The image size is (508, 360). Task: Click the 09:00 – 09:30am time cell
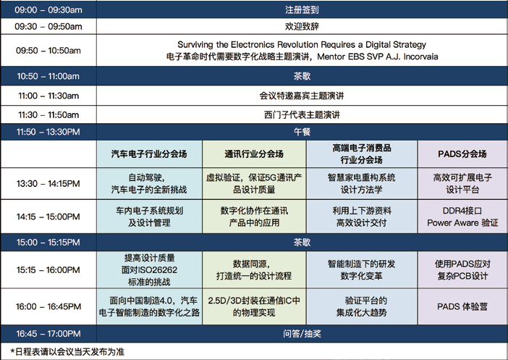(x=48, y=9)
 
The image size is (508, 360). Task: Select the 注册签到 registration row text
(x=302, y=9)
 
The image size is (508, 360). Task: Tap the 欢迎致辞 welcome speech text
(x=302, y=26)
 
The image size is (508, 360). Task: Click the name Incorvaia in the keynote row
(x=420, y=56)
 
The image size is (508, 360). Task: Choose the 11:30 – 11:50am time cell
(x=48, y=115)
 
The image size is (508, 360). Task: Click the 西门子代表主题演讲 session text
(x=302, y=115)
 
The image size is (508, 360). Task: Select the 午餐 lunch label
(x=302, y=132)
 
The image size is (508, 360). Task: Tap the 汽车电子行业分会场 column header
(x=149, y=154)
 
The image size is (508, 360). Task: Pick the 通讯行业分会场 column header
(x=254, y=154)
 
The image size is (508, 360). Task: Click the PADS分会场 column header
(x=462, y=154)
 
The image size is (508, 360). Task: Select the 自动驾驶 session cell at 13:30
(x=149, y=183)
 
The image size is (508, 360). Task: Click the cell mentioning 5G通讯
(x=254, y=183)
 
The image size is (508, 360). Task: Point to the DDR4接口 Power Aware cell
(x=462, y=217)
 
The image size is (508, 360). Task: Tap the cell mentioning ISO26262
(x=149, y=270)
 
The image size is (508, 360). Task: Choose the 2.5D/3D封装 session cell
(x=254, y=306)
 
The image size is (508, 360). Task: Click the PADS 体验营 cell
(x=462, y=306)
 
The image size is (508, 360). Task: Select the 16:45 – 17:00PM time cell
(x=48, y=334)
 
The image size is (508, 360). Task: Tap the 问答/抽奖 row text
(x=302, y=334)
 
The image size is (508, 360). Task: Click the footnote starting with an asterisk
(x=67, y=352)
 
